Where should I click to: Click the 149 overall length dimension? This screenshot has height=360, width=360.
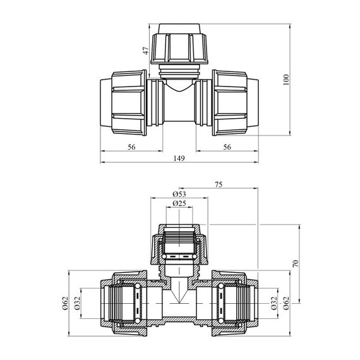[x=179, y=159]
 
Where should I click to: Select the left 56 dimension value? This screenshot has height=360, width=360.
[x=131, y=147]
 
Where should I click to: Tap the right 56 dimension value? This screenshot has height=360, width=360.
[x=227, y=147]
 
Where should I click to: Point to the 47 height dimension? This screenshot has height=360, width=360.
[x=146, y=51]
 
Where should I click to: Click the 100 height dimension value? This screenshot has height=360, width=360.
[x=286, y=80]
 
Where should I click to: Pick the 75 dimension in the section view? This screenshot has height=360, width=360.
[x=219, y=184]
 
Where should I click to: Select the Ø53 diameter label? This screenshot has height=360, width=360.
[x=179, y=195]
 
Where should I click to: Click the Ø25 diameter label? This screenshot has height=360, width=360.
[x=179, y=203]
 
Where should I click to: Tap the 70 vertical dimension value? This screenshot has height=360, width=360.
[x=296, y=263]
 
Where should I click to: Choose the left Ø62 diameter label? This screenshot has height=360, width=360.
[x=66, y=303]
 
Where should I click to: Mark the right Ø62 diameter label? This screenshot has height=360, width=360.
[x=286, y=303]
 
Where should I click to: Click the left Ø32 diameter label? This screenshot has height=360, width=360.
[x=77, y=303]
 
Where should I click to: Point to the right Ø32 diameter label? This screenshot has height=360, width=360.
[x=274, y=303]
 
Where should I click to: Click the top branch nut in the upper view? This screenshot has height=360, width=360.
[x=179, y=48]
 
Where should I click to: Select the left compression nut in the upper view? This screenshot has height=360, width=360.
[x=129, y=102]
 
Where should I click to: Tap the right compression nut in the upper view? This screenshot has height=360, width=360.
[x=230, y=102]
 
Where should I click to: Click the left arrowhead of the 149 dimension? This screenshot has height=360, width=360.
[x=102, y=162]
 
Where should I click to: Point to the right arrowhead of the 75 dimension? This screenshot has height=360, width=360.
[x=256, y=188]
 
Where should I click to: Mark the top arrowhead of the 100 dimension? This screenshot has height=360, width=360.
[x=291, y=26]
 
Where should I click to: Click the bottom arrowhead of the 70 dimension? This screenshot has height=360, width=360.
[x=299, y=301]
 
